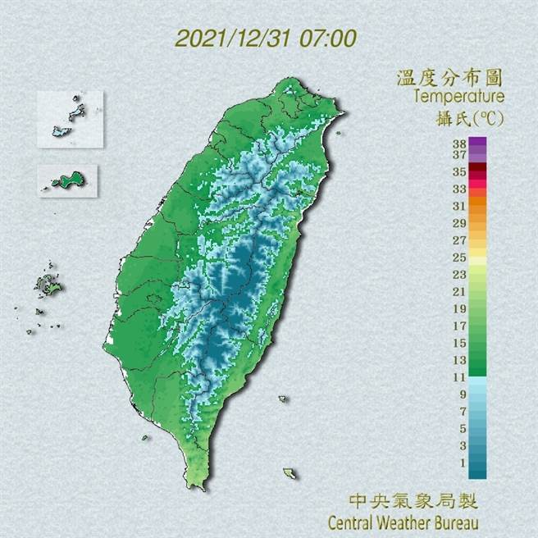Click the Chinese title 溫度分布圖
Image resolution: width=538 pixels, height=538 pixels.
449,79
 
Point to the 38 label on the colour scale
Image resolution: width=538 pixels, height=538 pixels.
459,142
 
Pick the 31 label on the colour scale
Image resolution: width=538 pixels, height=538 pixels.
459,206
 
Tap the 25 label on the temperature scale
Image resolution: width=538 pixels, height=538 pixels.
459,258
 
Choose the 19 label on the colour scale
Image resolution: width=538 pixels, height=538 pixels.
459,308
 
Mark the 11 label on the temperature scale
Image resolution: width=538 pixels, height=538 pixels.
459,376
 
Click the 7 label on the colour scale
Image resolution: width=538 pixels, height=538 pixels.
459,411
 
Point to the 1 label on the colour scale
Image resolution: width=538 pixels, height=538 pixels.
459,463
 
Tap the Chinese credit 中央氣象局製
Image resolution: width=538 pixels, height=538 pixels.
413,500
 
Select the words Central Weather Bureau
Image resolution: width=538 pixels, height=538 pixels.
402,521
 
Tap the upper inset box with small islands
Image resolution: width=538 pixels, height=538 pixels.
71,118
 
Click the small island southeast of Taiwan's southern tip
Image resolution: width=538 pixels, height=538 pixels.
290,473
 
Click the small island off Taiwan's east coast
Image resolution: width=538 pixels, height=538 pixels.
283,399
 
